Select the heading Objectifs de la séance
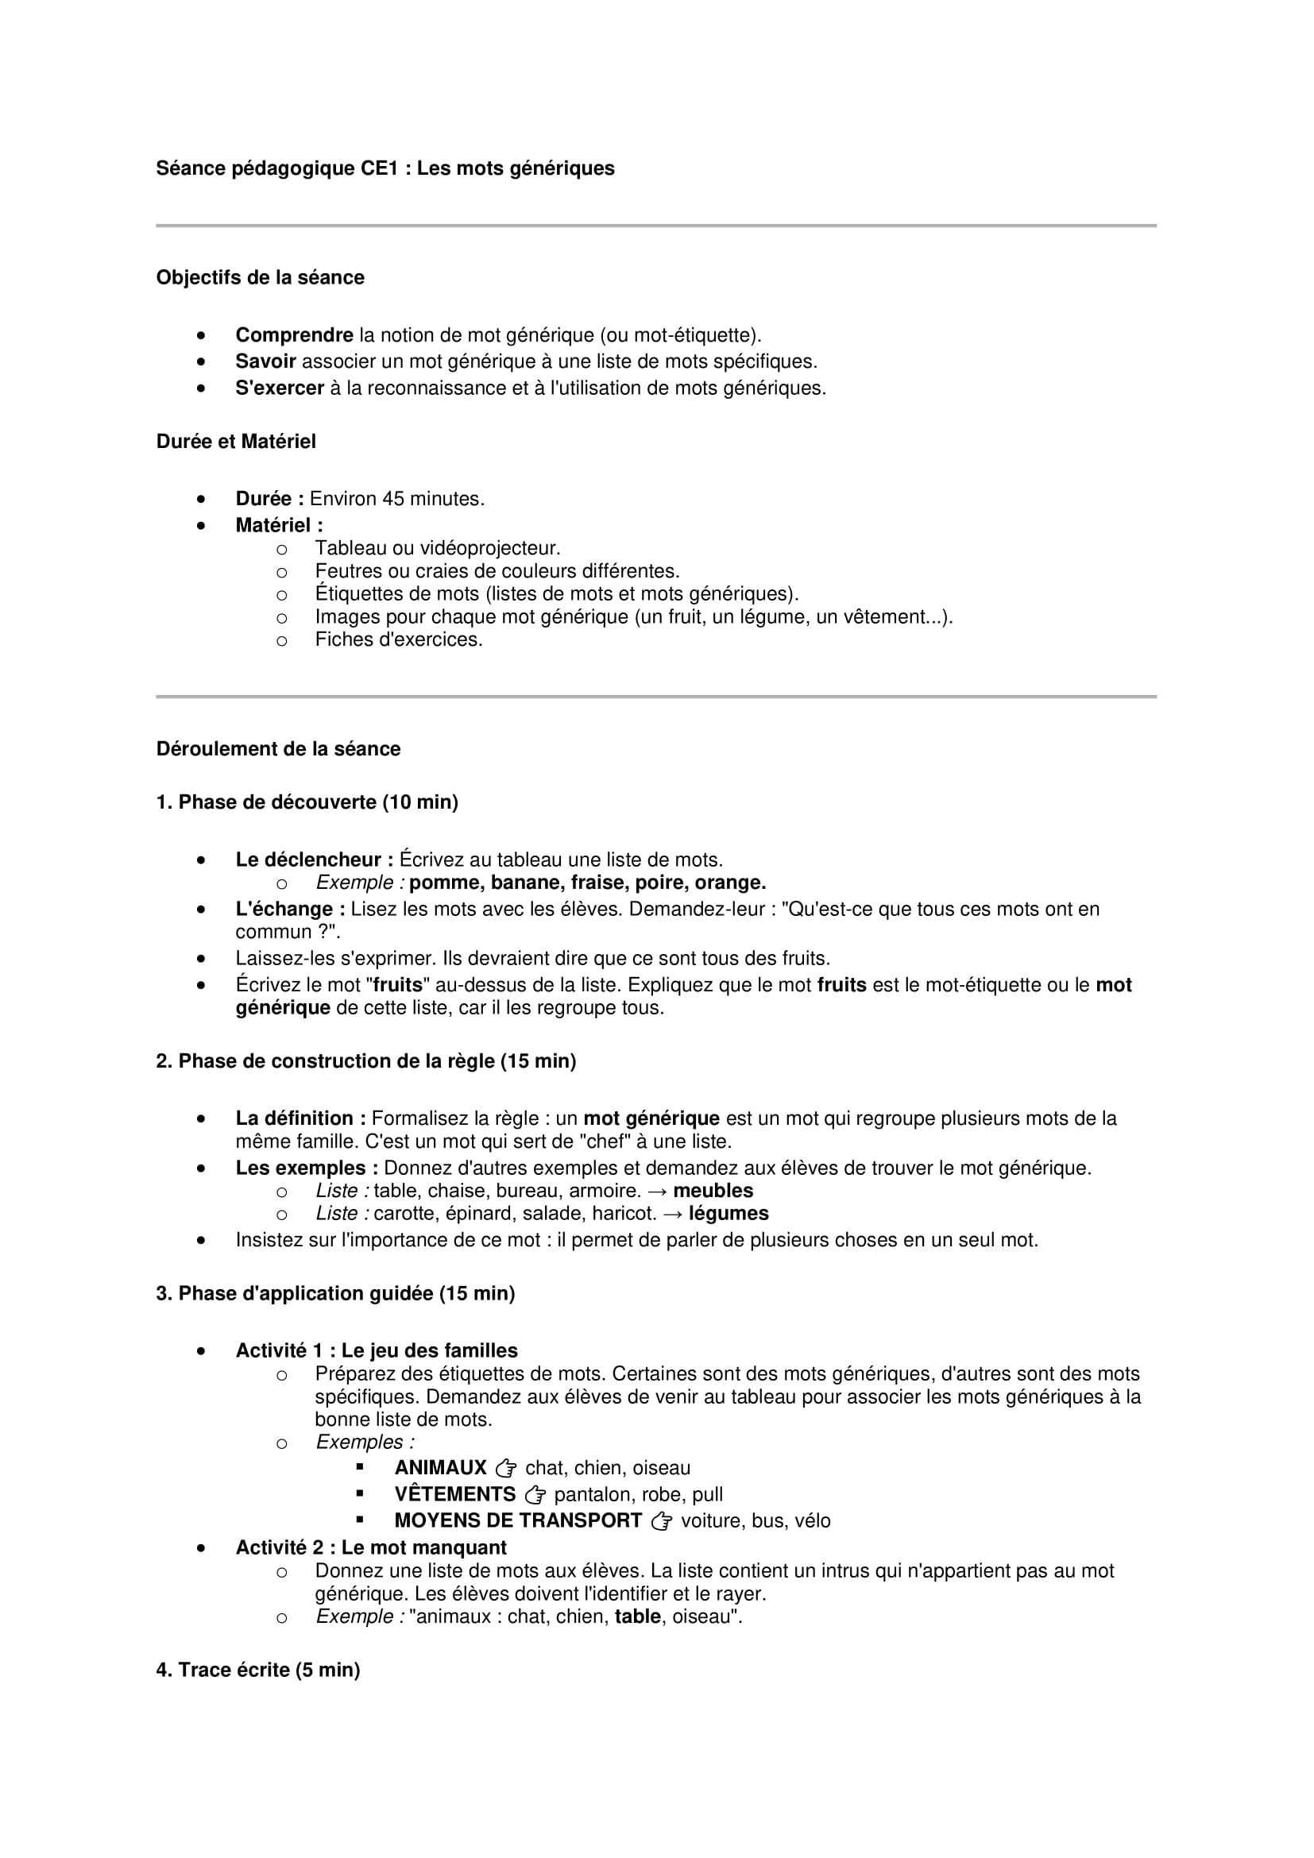pyautogui.click(x=260, y=277)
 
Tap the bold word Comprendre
pyautogui.click(x=294, y=335)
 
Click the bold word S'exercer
pyautogui.click(x=279, y=388)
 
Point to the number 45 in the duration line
pyautogui.click(x=392, y=500)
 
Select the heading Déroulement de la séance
pyautogui.click(x=277, y=749)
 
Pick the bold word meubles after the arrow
pyautogui.click(x=713, y=1192)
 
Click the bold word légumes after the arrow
pyautogui.click(x=728, y=1214)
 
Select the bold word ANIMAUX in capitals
pyautogui.click(x=440, y=1469)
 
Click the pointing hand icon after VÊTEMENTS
pyautogui.click(x=535, y=1496)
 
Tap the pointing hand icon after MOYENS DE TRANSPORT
pyautogui.click(x=661, y=1522)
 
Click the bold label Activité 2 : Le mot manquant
pyautogui.click(x=370, y=1548)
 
